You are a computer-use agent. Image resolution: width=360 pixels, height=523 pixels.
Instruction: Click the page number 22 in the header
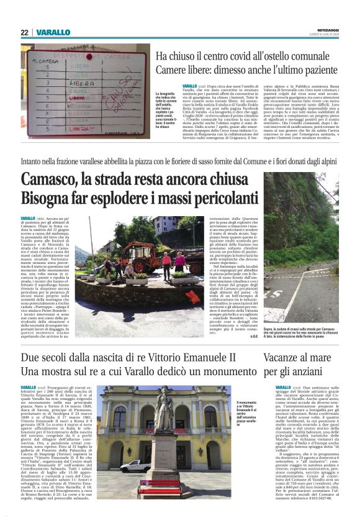coord(25,32)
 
